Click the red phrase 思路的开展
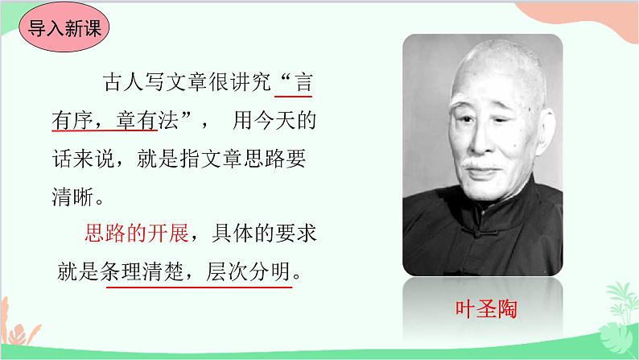click(x=136, y=234)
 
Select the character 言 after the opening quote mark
click(x=304, y=83)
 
